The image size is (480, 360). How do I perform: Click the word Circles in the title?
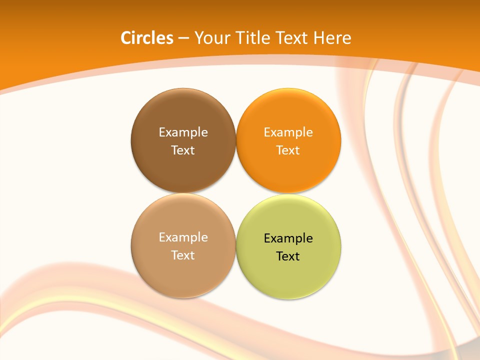pos(147,38)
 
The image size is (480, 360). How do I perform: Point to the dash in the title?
pos(183,38)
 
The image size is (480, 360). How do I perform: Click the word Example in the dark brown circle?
pos(183,132)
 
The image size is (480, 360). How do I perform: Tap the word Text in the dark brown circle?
pos(183,150)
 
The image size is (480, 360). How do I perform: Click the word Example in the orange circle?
pos(288,132)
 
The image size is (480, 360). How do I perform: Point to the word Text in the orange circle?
pos(288,150)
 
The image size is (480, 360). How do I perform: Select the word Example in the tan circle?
pos(183,237)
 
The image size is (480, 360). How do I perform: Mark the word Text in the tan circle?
pos(183,255)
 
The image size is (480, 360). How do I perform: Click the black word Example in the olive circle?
pos(288,238)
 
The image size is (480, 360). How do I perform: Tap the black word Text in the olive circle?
pos(288,256)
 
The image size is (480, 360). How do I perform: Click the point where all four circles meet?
pos(235,193)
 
